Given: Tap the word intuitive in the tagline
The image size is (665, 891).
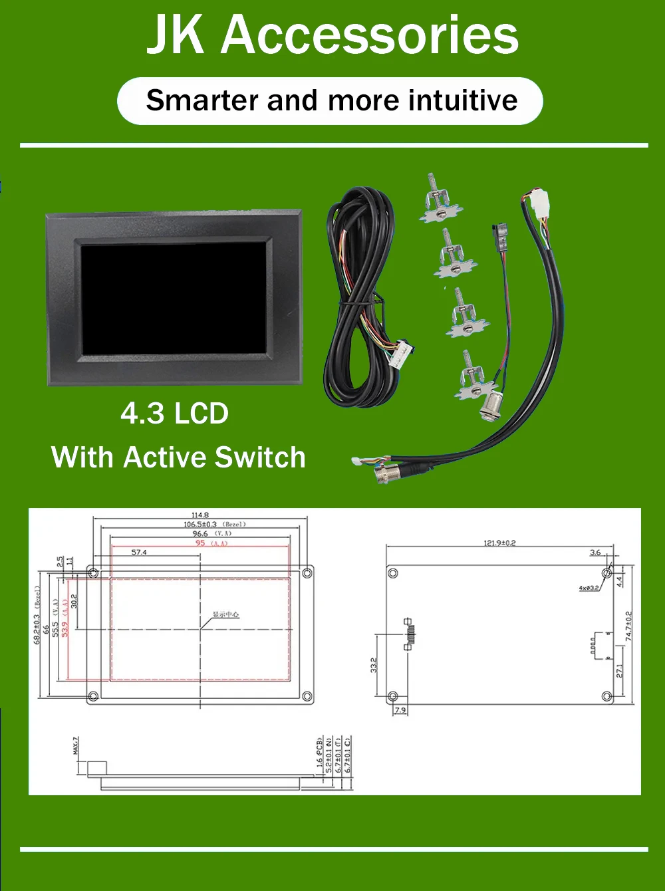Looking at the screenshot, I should pyautogui.click(x=463, y=100).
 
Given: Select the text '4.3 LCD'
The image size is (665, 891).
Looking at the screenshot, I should pyautogui.click(x=174, y=414).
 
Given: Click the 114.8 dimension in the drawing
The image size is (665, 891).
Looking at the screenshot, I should pyautogui.click(x=200, y=515).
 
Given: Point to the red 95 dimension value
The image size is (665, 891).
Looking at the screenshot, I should pyautogui.click(x=200, y=543).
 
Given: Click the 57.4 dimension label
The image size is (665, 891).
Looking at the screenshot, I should pyautogui.click(x=139, y=553).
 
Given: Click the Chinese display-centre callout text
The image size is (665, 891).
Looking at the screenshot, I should pyautogui.click(x=225, y=614).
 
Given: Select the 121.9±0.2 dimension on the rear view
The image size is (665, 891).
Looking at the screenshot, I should pyautogui.click(x=499, y=543).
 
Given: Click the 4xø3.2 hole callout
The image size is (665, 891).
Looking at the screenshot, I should pyautogui.click(x=589, y=588).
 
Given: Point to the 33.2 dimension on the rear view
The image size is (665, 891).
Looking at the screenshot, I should pyautogui.click(x=374, y=665).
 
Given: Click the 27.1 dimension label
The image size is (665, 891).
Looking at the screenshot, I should pyautogui.click(x=620, y=671).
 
